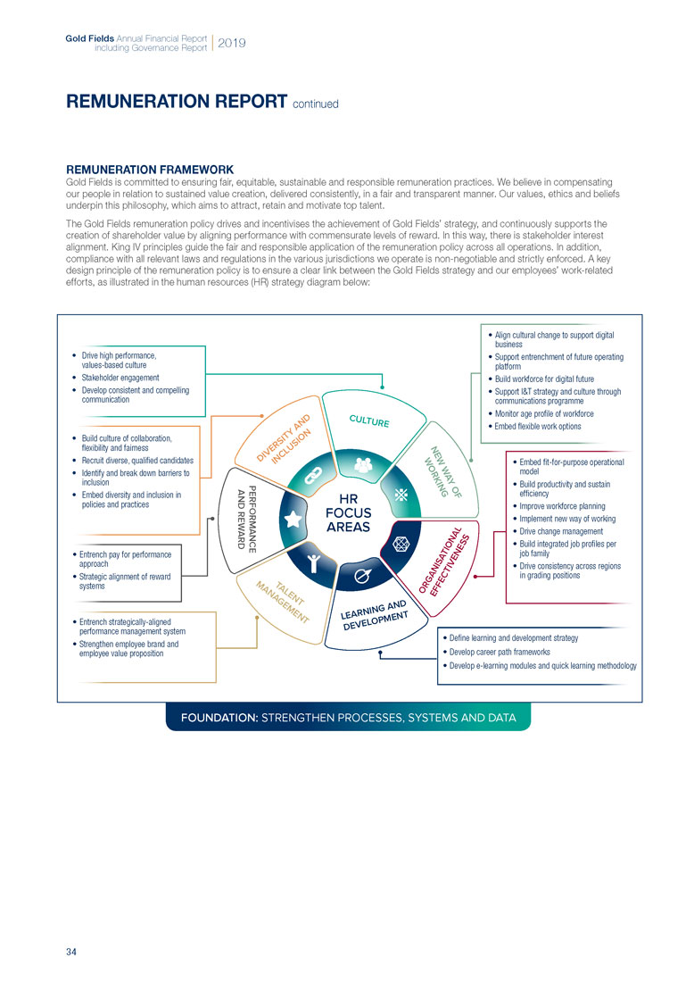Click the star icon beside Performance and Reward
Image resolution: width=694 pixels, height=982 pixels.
click(291, 519)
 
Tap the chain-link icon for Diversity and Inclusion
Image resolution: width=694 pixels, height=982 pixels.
click(314, 476)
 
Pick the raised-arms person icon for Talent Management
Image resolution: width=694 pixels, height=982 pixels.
click(313, 561)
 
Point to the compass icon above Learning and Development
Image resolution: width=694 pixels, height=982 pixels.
click(362, 577)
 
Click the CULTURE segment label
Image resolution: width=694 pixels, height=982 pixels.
click(368, 420)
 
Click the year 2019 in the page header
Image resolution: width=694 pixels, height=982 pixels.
click(232, 43)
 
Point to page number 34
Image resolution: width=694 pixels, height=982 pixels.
click(71, 952)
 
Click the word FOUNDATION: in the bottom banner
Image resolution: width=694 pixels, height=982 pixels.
click(219, 717)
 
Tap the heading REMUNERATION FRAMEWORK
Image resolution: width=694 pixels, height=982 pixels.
click(150, 169)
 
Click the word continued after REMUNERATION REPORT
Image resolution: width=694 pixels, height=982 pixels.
click(316, 104)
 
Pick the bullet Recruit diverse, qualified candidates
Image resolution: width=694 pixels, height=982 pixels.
click(136, 460)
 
